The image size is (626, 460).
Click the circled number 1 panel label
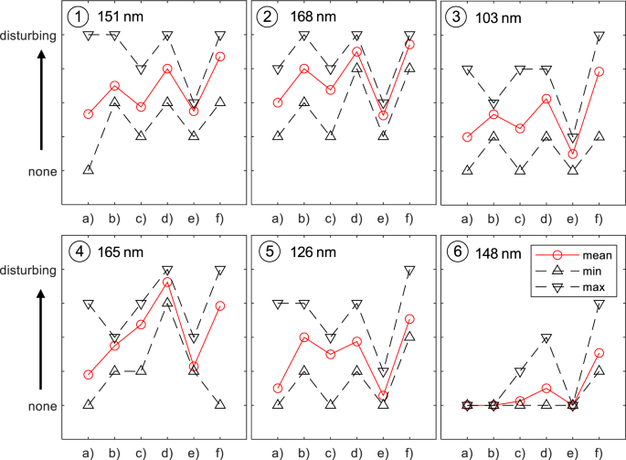point(80,17)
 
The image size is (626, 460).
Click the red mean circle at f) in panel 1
point(220,57)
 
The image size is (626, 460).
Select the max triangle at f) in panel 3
point(599,37)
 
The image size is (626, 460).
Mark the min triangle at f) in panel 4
point(220,404)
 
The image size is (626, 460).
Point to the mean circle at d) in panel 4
point(167,283)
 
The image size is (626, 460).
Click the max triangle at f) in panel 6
point(599,305)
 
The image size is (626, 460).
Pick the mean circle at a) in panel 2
point(277,102)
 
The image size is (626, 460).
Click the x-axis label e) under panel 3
point(572,218)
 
